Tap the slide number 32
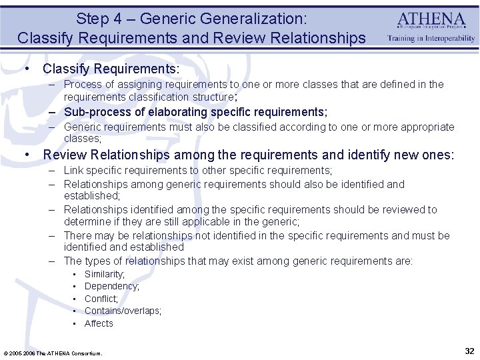click(x=469, y=351)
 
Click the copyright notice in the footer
click(x=53, y=353)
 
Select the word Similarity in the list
click(x=105, y=274)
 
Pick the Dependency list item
click(x=111, y=286)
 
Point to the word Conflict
click(x=101, y=299)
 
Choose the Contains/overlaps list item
click(x=123, y=311)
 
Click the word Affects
click(x=99, y=323)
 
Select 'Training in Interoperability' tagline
click(x=431, y=39)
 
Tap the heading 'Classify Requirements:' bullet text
click(x=111, y=69)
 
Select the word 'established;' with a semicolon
click(x=92, y=196)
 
